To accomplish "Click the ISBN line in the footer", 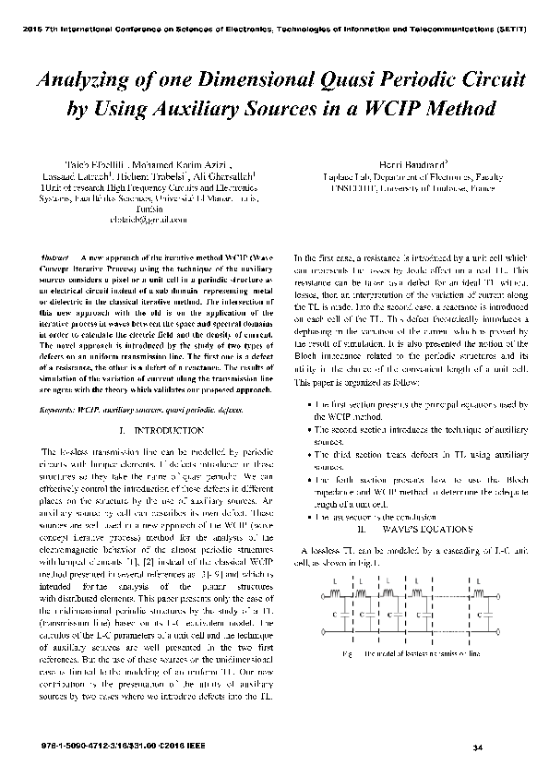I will click(x=108, y=744).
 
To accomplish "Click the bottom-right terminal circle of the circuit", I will click(x=511, y=633).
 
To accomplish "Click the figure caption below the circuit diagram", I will click(x=410, y=653).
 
